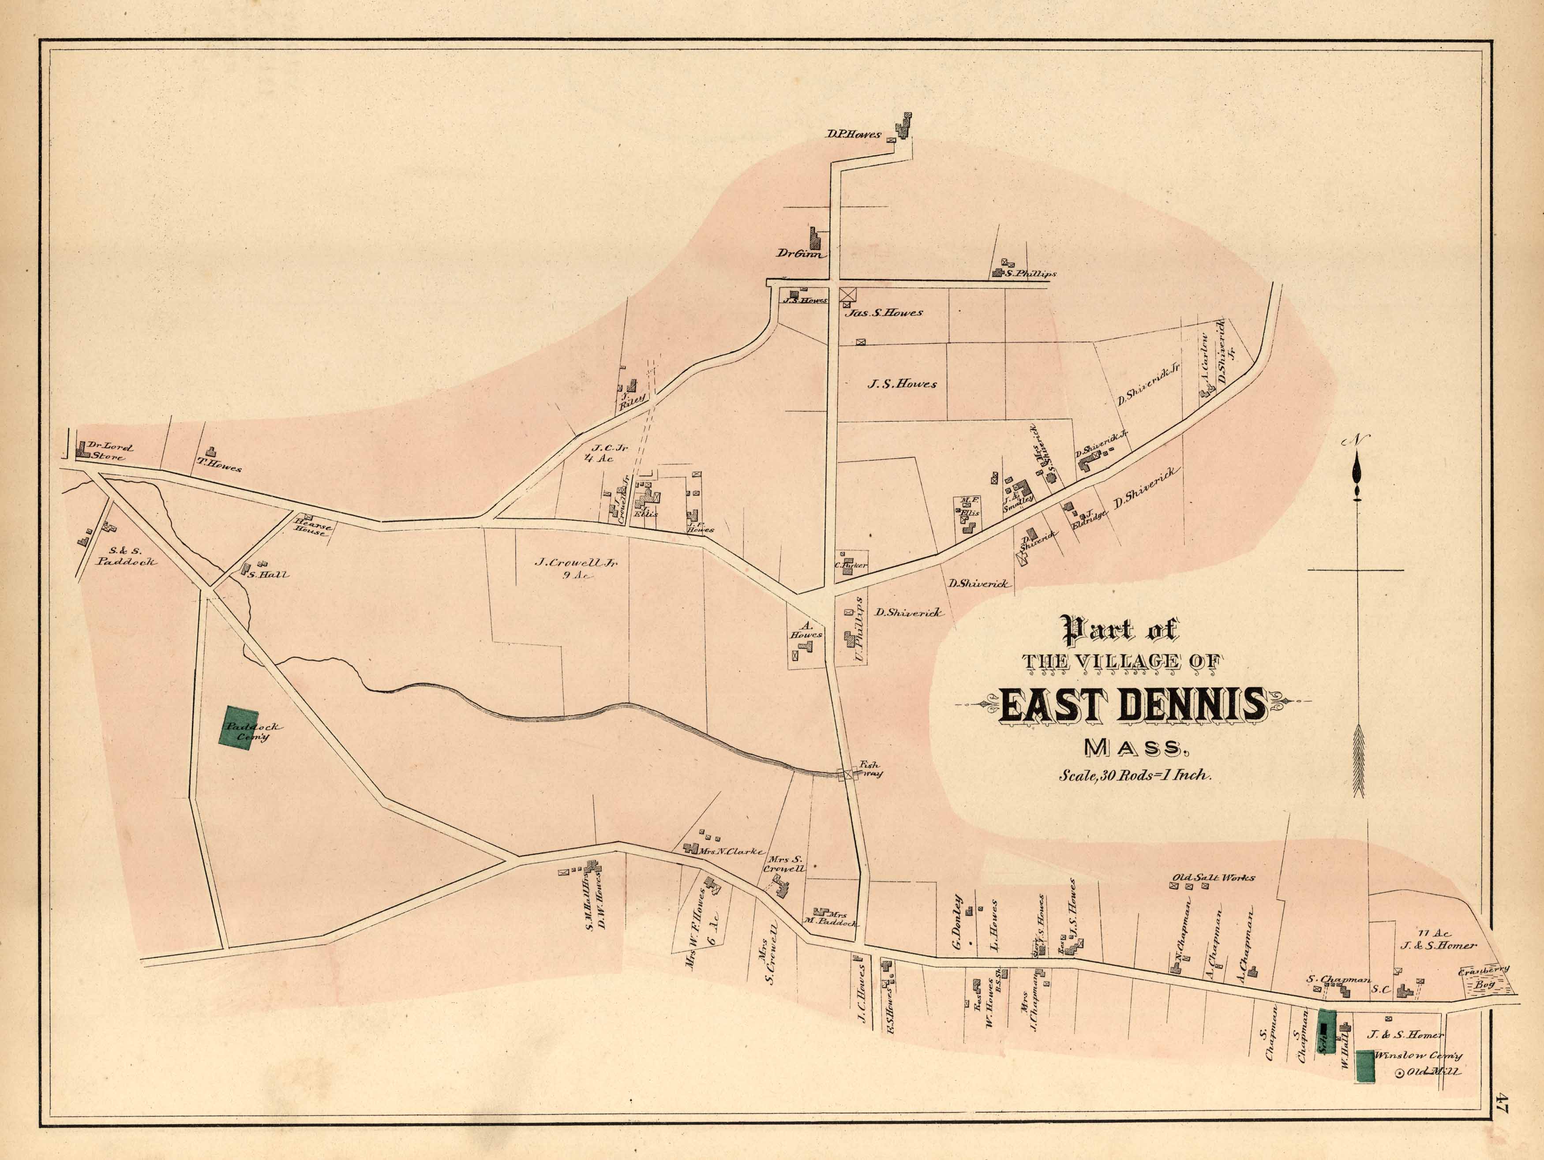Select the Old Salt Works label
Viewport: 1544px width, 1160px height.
(1213, 877)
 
